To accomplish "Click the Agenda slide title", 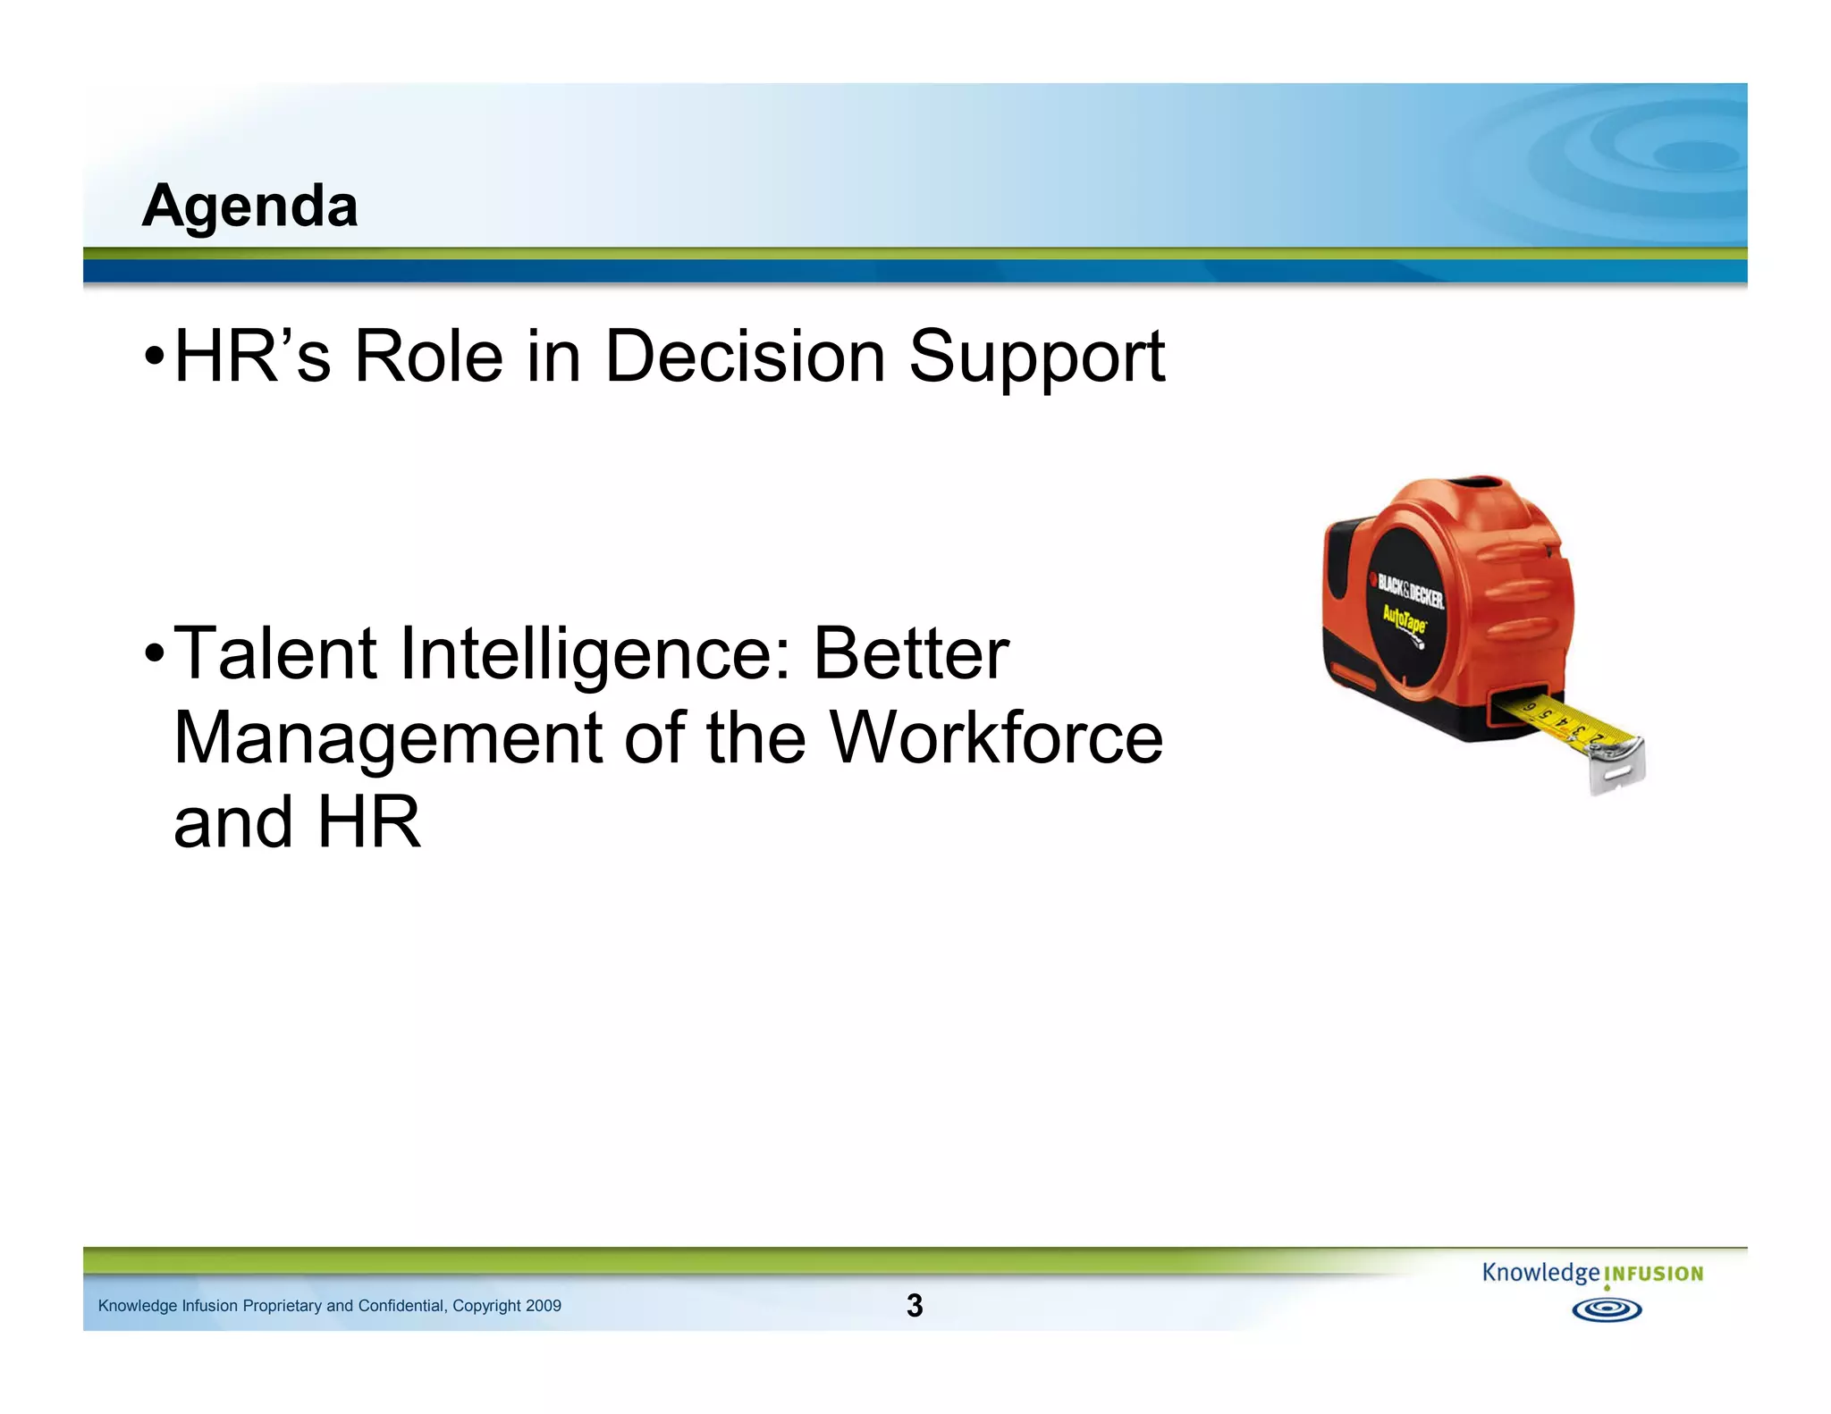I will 249,206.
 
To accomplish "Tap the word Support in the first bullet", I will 1036,357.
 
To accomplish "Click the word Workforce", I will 996,738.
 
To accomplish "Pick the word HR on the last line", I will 368,822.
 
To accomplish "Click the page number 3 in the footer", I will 914,1306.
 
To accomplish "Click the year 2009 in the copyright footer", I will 544,1306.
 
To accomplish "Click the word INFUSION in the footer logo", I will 1654,1274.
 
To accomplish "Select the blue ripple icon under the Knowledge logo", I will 1607,1310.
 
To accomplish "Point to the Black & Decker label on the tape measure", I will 1410,591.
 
